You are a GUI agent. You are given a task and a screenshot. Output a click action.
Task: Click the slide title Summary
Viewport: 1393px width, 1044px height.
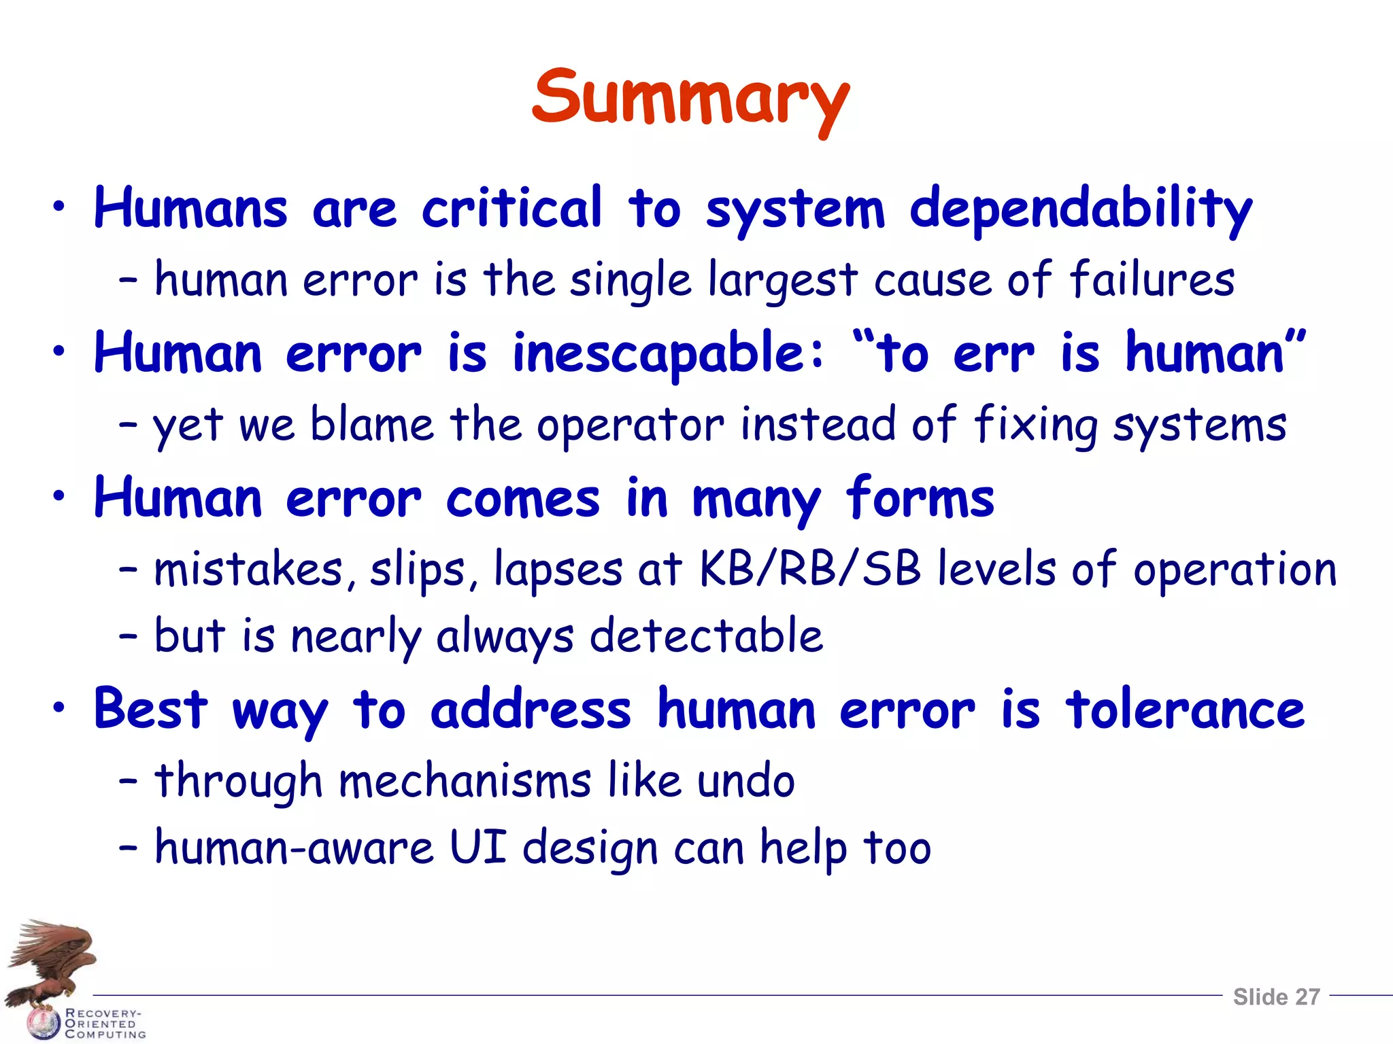click(x=690, y=99)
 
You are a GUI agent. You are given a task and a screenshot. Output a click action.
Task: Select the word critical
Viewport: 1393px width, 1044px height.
click(x=511, y=208)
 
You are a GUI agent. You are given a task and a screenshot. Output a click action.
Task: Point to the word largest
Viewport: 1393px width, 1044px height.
click(x=782, y=281)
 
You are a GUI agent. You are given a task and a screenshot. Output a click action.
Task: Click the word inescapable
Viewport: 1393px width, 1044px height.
click(x=667, y=354)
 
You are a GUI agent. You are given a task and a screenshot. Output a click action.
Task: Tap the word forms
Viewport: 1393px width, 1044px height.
click(x=920, y=498)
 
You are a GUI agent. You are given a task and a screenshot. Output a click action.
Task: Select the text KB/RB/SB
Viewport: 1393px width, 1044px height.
click(x=810, y=569)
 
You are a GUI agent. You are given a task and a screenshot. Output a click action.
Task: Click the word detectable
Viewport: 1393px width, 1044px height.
click(x=706, y=637)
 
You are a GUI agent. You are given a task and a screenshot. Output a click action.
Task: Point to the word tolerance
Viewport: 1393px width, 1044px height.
click(x=1185, y=710)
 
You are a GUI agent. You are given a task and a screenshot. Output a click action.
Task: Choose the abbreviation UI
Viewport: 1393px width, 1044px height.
click(x=478, y=848)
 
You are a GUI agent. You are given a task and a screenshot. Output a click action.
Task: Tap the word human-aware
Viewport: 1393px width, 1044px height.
click(x=294, y=849)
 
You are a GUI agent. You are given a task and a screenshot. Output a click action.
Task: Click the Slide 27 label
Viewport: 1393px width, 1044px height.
click(x=1276, y=997)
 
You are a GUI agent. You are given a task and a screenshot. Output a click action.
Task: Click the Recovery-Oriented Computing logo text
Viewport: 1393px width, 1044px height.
click(x=104, y=1024)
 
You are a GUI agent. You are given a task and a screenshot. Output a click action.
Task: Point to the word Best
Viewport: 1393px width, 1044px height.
click(x=150, y=710)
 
